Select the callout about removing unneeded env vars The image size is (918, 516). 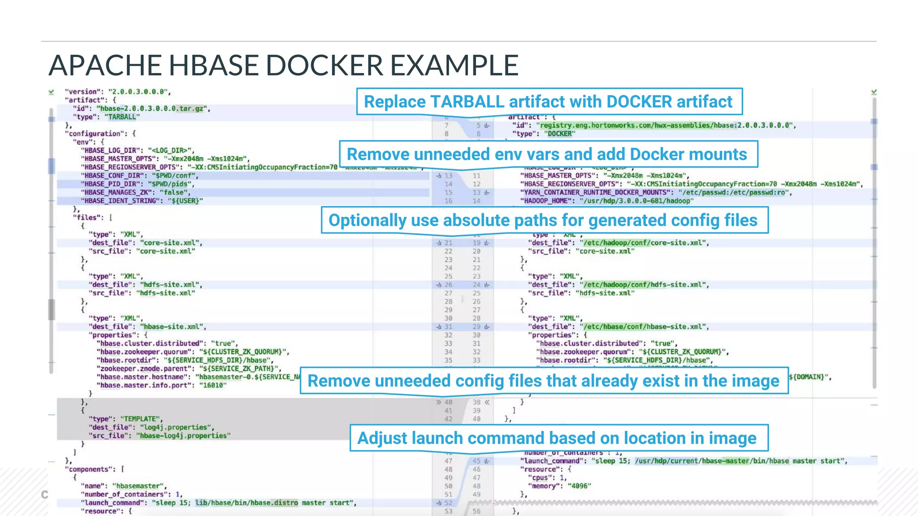point(548,155)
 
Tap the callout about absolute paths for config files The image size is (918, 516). point(544,220)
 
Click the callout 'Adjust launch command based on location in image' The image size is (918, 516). point(558,438)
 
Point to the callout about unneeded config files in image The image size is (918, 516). point(544,381)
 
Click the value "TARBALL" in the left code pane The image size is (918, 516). point(122,117)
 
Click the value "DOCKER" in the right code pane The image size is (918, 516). point(559,133)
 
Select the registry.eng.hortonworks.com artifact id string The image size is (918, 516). point(665,125)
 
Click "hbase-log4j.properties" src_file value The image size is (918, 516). point(183,436)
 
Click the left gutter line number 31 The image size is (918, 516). point(448,327)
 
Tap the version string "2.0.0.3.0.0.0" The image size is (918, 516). point(139,92)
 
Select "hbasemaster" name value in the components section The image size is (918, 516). point(139,486)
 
